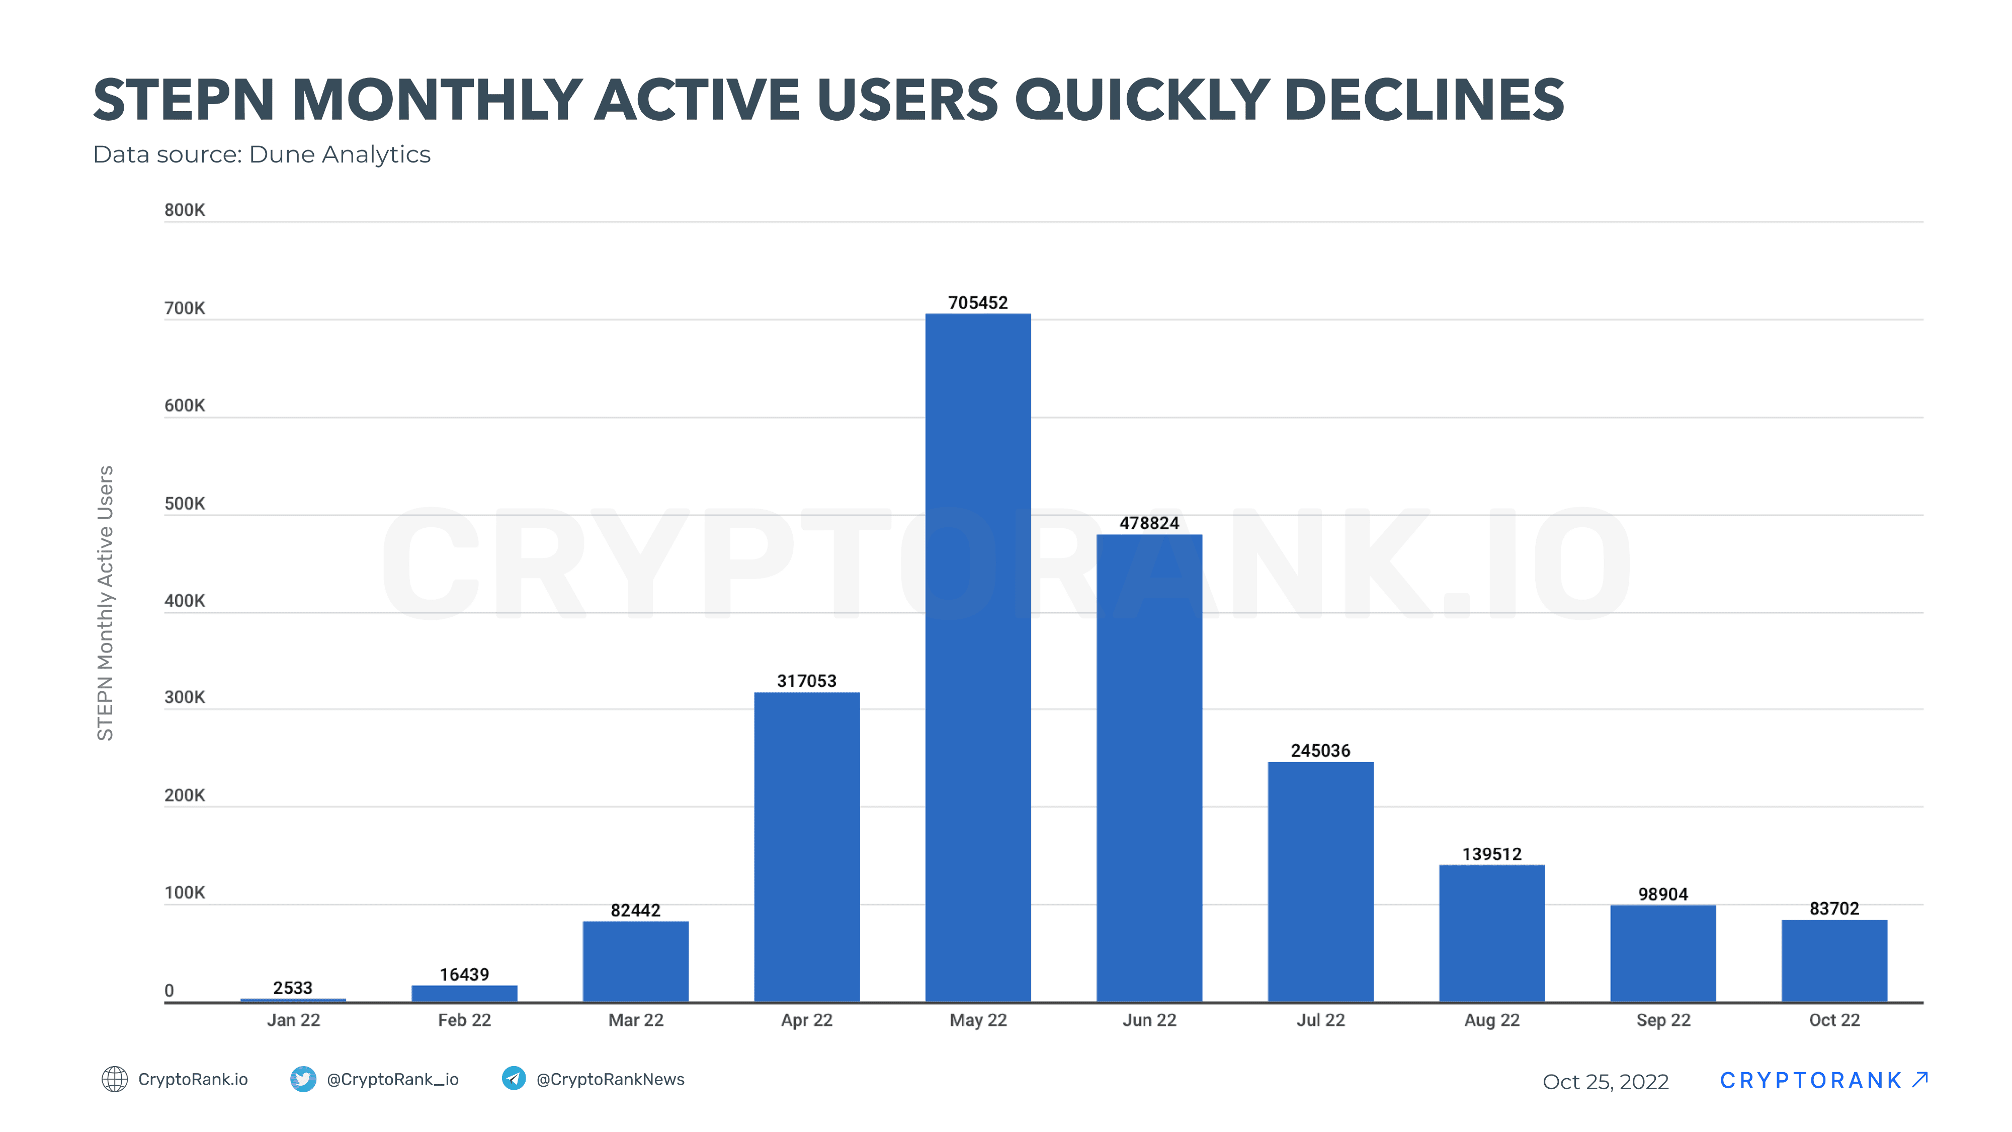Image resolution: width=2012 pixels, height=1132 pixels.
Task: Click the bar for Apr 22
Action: (x=807, y=846)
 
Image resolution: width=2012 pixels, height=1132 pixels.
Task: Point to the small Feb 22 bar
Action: (x=464, y=993)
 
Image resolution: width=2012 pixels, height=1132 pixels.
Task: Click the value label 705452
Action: (x=978, y=302)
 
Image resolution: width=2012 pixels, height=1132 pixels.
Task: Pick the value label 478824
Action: (x=1149, y=523)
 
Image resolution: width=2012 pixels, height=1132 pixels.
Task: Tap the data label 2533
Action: (x=293, y=988)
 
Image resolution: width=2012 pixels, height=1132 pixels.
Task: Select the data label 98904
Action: (x=1663, y=894)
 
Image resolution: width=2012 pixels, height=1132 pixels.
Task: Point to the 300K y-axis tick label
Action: (x=184, y=697)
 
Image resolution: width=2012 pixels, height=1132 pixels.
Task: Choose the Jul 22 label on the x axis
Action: (x=1320, y=1019)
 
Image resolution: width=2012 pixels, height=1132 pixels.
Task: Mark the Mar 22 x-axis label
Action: (x=636, y=1019)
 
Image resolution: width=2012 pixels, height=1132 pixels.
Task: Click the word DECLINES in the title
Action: (x=1423, y=100)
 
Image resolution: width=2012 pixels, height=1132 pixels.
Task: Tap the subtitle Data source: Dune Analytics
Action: (x=262, y=154)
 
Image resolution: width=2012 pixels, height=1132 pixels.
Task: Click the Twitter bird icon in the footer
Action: (x=303, y=1079)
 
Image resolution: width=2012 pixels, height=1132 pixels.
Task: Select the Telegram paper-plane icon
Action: (x=513, y=1078)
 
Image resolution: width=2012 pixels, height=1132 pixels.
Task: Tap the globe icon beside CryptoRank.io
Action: (x=115, y=1079)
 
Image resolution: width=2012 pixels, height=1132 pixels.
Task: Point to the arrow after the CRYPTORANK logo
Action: (x=1920, y=1079)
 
